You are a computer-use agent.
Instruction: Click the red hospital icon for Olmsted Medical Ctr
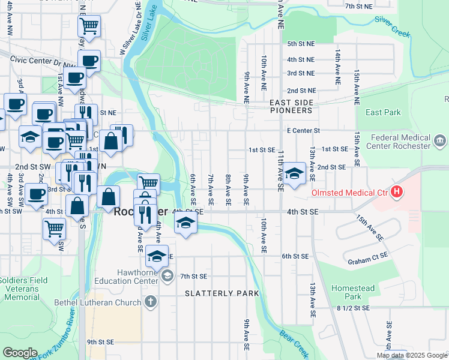(396, 193)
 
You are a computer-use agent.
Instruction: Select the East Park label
(382, 112)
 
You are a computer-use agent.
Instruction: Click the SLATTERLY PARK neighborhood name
(223, 293)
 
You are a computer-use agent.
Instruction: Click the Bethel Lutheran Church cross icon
(150, 301)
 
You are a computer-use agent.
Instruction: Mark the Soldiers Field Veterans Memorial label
(20, 289)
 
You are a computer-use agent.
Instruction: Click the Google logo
(20, 353)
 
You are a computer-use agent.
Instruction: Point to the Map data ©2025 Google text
(412, 355)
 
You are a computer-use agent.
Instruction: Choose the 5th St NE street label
(301, 44)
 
